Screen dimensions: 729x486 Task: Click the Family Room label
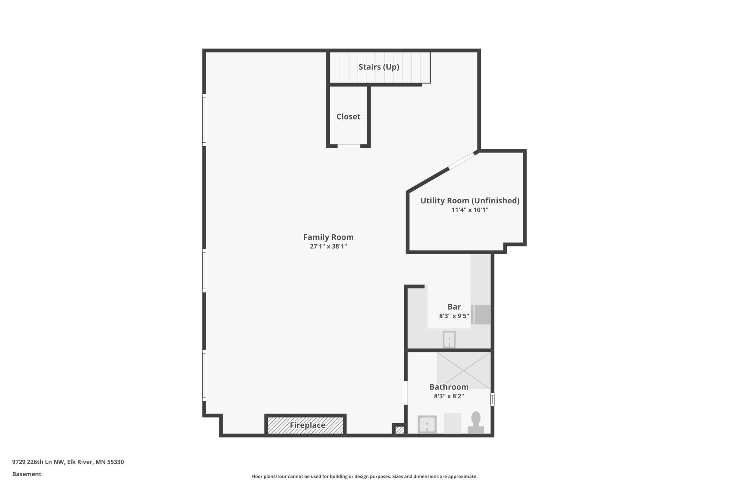[x=328, y=237]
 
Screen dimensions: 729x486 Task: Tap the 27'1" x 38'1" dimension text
[x=328, y=246]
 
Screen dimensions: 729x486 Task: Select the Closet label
[x=348, y=116]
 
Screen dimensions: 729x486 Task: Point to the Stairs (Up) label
[x=379, y=67]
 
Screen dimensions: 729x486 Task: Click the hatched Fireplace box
[x=305, y=425]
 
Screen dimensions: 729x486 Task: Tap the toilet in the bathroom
[x=476, y=423]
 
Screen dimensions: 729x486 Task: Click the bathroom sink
[x=427, y=424]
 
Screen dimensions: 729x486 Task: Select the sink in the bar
[x=449, y=339]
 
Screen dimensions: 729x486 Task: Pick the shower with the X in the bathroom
[x=463, y=370]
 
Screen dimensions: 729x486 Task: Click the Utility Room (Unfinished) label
[x=470, y=201]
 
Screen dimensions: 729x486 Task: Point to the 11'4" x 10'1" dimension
[x=470, y=210]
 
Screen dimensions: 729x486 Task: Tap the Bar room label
[x=454, y=306]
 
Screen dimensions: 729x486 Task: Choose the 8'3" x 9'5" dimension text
[x=454, y=316]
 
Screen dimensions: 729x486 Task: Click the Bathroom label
[x=449, y=387]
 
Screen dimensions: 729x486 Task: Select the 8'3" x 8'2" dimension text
[x=449, y=396]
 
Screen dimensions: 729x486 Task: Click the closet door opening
[x=349, y=146]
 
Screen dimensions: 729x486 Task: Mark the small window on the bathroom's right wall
[x=492, y=399]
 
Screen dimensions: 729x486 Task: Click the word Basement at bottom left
[x=27, y=474]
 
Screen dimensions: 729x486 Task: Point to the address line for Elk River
[x=68, y=462]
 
